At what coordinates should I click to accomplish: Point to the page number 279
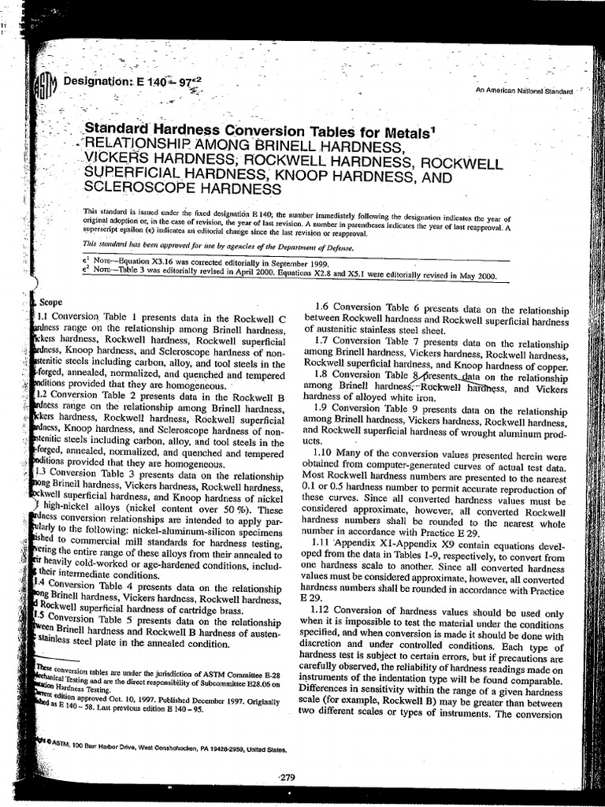288,777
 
